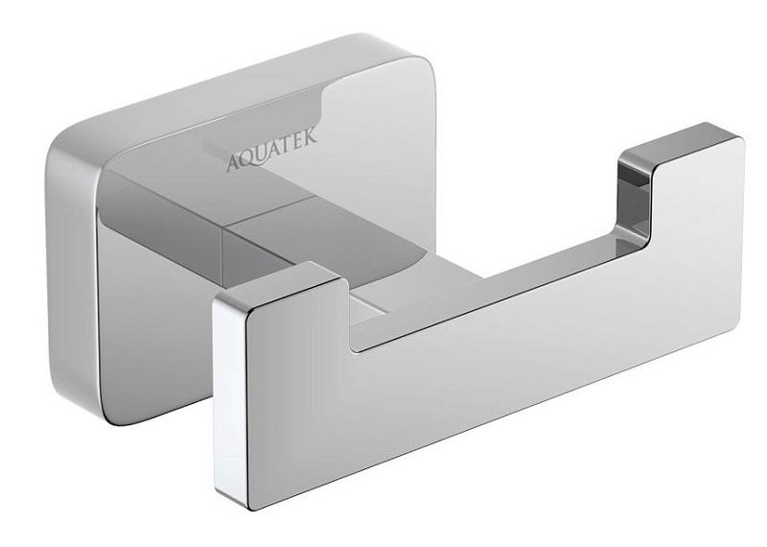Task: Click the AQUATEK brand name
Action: [x=272, y=148]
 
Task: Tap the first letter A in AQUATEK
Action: [x=233, y=163]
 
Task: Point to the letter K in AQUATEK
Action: [x=310, y=133]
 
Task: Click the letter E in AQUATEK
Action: [x=299, y=137]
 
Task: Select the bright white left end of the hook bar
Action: [x=229, y=396]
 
